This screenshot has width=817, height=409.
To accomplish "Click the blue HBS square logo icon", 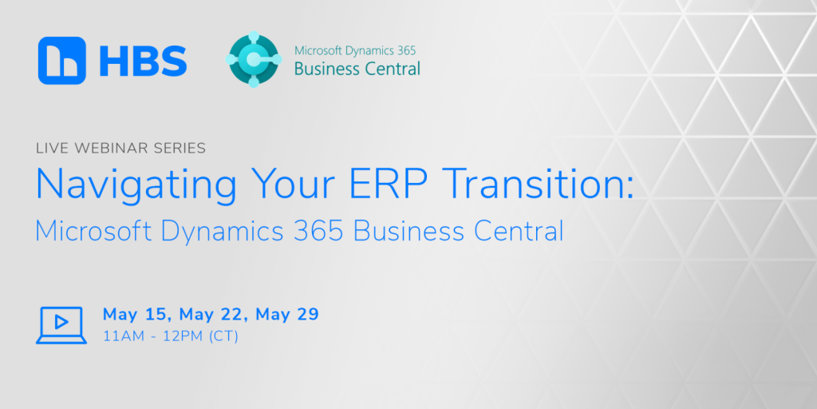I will pos(62,60).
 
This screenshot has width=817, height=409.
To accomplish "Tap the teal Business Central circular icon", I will pos(254,60).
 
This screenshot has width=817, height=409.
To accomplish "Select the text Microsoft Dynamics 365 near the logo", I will pos(355,50).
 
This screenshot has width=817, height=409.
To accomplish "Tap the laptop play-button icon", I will pos(61,324).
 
